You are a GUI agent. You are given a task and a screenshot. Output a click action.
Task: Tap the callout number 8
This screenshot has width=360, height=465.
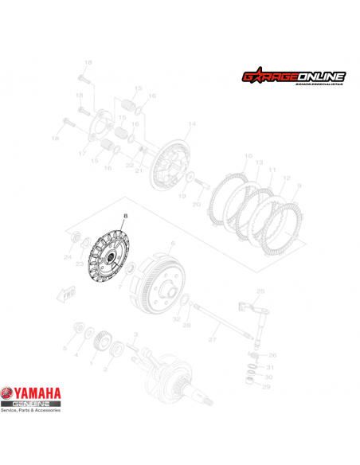(x=124, y=215)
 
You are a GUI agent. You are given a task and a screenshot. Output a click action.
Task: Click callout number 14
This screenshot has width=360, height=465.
(x=191, y=124)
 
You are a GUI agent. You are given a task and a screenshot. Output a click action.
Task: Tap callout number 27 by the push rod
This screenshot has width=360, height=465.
(x=213, y=340)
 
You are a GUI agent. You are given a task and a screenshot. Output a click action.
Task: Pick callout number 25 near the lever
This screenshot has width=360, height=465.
(x=259, y=291)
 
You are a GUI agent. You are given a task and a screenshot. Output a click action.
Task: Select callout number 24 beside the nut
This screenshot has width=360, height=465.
(x=67, y=257)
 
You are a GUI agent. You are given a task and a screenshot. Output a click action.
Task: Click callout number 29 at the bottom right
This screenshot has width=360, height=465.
(x=267, y=386)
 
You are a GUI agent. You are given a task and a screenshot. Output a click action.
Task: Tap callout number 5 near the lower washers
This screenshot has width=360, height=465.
(x=65, y=349)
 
